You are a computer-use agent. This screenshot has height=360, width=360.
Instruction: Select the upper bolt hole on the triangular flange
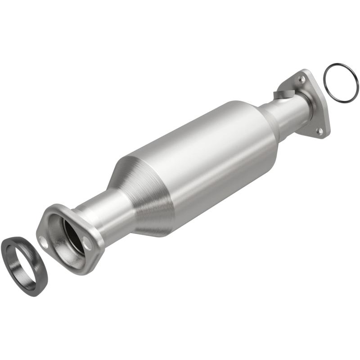click(x=302, y=79)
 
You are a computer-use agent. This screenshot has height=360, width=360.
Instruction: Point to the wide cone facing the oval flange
click(x=139, y=189)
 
